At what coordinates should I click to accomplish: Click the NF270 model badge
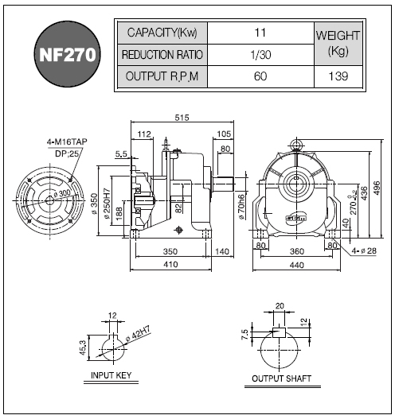(x=68, y=54)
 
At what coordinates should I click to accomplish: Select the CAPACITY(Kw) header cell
(x=162, y=33)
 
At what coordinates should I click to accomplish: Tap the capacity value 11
(x=260, y=33)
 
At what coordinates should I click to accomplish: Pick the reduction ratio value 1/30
(x=260, y=55)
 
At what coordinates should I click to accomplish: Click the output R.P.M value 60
(x=260, y=76)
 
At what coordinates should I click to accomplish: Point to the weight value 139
(x=338, y=76)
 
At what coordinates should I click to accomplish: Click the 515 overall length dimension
(x=182, y=118)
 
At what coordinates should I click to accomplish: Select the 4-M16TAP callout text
(x=67, y=142)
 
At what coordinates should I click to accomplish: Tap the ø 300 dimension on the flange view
(x=62, y=194)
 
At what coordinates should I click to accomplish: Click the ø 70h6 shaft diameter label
(x=241, y=207)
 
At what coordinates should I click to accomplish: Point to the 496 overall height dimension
(x=376, y=188)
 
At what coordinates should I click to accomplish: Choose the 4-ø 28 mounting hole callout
(x=364, y=250)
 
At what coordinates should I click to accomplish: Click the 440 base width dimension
(x=297, y=265)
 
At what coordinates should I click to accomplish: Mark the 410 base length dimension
(x=170, y=264)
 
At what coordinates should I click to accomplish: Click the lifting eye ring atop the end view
(x=296, y=144)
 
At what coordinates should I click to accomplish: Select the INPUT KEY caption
(x=111, y=375)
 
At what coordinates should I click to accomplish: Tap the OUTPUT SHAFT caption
(x=282, y=378)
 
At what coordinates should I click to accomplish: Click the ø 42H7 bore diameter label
(x=139, y=333)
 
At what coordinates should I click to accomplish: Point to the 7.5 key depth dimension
(x=244, y=335)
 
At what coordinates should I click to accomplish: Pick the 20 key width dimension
(x=280, y=305)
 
